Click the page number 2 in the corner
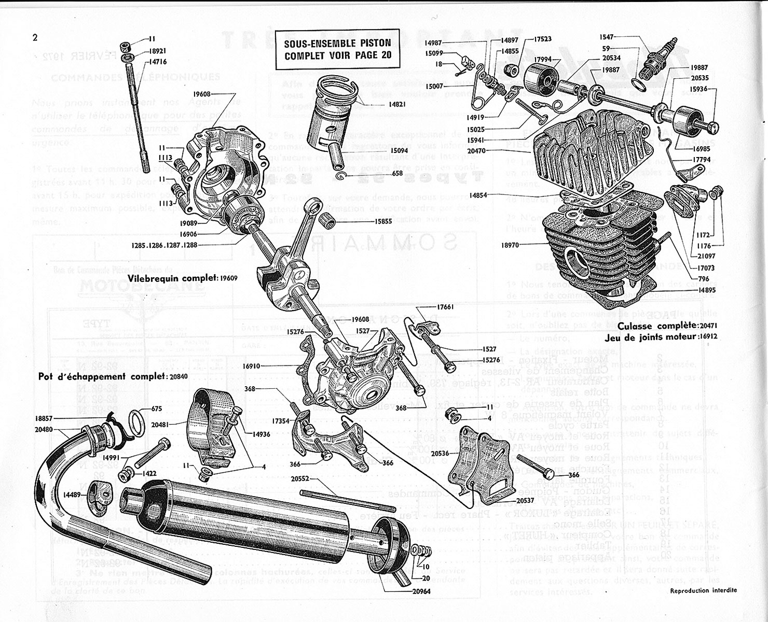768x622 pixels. coord(35,37)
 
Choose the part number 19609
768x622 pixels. coord(228,278)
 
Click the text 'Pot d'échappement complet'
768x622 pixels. coord(102,376)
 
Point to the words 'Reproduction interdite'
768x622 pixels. coord(703,590)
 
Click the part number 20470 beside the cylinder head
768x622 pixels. coord(513,150)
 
